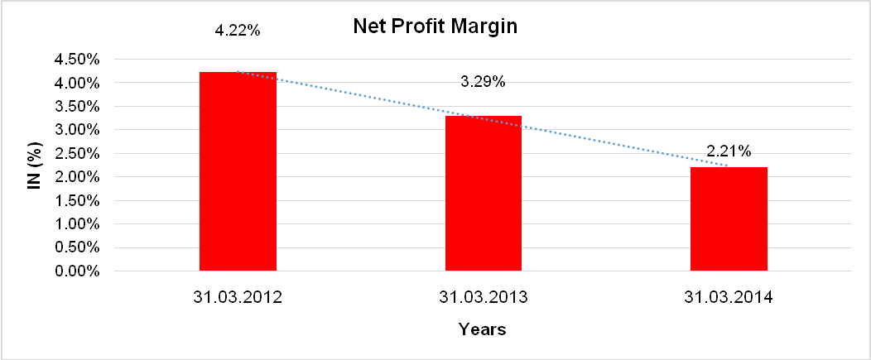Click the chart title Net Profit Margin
(x=435, y=26)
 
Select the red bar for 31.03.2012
(x=238, y=171)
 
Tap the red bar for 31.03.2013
(x=484, y=193)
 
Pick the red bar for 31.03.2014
(x=729, y=218)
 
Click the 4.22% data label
(x=238, y=31)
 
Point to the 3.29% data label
(x=484, y=81)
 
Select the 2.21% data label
(x=729, y=151)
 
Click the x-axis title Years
(x=483, y=329)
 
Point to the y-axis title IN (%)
(x=34, y=166)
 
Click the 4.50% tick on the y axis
(x=77, y=60)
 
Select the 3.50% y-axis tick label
(x=77, y=107)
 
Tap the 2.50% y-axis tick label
(x=77, y=154)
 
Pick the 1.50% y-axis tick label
(x=77, y=200)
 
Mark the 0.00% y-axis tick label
(x=77, y=271)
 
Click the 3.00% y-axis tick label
(x=77, y=130)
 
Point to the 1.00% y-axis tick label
(x=77, y=224)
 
